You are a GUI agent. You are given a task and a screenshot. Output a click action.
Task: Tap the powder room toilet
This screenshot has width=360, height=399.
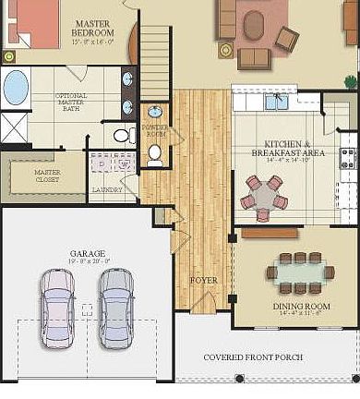(154, 153)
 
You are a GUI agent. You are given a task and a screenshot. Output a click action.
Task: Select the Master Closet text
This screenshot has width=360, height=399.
(47, 175)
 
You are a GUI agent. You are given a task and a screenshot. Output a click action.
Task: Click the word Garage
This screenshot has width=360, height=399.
(87, 252)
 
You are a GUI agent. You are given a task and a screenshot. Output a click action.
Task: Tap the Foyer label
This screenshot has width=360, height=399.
(204, 279)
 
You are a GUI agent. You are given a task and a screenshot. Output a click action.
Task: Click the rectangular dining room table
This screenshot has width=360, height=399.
(300, 273)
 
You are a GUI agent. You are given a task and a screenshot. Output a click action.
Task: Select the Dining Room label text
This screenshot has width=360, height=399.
(301, 306)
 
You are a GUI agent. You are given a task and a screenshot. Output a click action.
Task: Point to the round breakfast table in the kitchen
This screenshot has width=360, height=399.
(264, 196)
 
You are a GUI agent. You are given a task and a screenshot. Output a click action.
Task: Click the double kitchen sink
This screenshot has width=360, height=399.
(278, 102)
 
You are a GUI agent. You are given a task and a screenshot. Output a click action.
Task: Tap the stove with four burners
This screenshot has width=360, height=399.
(349, 158)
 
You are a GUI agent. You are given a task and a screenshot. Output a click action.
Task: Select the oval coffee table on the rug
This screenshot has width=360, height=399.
(253, 25)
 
